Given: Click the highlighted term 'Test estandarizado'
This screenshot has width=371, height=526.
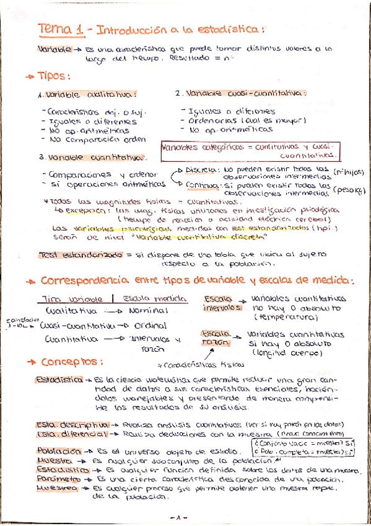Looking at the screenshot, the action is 65,254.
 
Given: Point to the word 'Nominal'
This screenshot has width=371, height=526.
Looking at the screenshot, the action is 149,310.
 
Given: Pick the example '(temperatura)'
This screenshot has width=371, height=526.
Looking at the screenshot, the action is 284,317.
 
